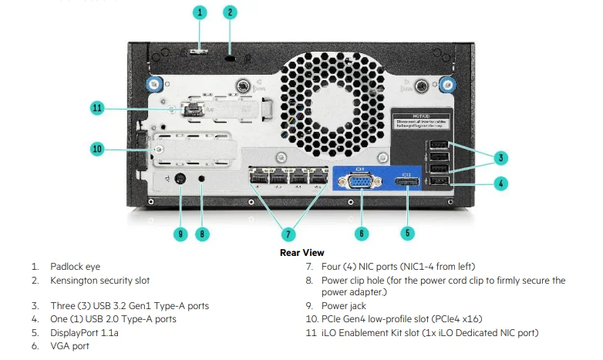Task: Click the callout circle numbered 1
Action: (x=200, y=12)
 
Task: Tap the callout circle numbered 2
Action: (x=230, y=12)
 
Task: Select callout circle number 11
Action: (x=97, y=109)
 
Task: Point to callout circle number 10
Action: (x=97, y=148)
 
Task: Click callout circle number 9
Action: (x=180, y=233)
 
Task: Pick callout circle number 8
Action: (x=203, y=233)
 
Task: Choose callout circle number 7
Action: (x=288, y=233)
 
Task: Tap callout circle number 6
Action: (x=361, y=233)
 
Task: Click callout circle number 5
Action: (x=409, y=233)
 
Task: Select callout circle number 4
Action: (x=500, y=183)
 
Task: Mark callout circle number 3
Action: (x=500, y=158)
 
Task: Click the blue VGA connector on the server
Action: (x=361, y=183)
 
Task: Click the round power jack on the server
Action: (x=180, y=181)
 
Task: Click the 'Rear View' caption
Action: (x=301, y=253)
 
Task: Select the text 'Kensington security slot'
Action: (x=100, y=281)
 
